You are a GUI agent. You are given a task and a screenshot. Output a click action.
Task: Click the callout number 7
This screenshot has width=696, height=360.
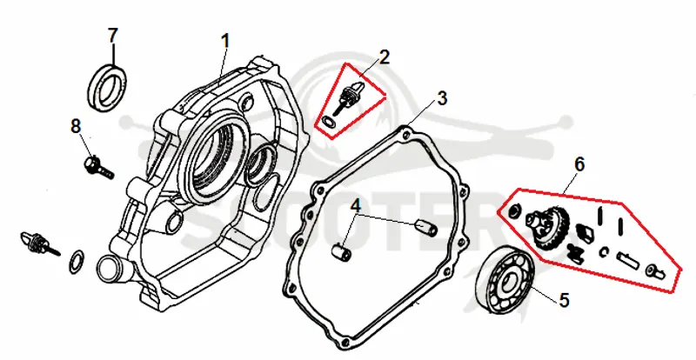click(x=113, y=36)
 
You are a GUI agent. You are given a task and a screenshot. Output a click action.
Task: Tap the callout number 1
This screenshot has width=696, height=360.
click(x=226, y=41)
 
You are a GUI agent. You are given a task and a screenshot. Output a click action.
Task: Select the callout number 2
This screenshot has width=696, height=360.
click(x=384, y=57)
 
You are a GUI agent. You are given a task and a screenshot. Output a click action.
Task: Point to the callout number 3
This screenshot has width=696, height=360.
click(x=442, y=98)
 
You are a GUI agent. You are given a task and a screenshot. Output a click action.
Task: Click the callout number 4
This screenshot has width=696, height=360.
click(x=356, y=205)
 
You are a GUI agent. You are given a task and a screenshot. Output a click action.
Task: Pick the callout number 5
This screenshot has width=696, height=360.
click(x=564, y=301)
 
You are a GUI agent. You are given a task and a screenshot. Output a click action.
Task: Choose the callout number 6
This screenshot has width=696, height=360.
click(x=579, y=165)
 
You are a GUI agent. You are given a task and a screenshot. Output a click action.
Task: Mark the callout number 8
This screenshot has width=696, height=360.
click(x=76, y=126)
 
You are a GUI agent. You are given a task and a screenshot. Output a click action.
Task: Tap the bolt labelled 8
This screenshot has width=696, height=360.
click(x=98, y=167)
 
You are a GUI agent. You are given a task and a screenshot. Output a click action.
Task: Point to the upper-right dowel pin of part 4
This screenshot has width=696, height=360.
click(x=425, y=227)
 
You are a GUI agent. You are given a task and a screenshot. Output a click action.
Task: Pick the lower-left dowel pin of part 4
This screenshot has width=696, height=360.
click(x=342, y=251)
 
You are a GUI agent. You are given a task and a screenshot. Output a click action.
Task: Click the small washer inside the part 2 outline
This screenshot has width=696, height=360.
click(x=328, y=121)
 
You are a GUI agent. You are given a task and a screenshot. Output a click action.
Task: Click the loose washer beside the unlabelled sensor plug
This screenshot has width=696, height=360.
click(x=77, y=261)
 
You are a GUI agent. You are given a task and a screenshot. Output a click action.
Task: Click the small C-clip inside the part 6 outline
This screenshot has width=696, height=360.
click(x=603, y=252)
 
